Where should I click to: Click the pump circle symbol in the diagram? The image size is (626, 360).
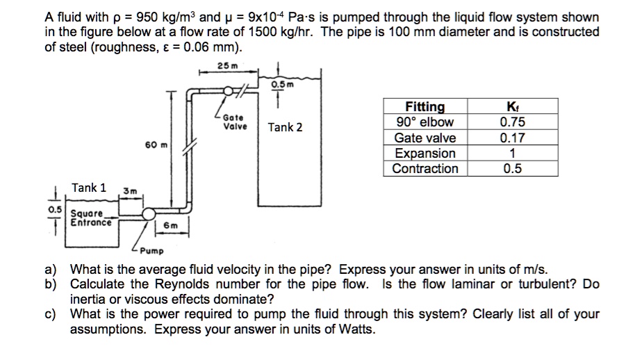pos(149,215)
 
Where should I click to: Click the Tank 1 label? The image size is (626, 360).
pos(90,188)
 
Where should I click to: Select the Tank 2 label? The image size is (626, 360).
pos(286,127)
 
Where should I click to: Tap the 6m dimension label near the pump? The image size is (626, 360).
pos(170,225)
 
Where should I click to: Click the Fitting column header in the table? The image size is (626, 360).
pos(425,106)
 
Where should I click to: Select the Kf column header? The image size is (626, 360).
pos(512,106)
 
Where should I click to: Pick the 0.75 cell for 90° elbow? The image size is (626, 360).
pos(512,122)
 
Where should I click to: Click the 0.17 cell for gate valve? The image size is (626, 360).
pos(512,138)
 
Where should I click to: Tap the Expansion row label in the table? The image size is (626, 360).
pos(425,153)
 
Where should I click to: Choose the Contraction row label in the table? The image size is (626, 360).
pos(425,168)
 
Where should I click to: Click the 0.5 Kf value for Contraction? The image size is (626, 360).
pos(512,168)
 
